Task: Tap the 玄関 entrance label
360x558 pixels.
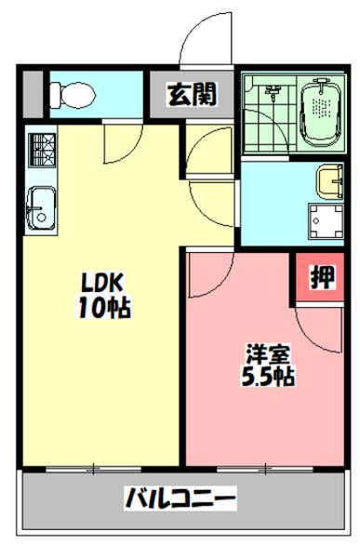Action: click(192, 93)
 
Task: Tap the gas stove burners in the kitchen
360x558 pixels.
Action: click(41, 149)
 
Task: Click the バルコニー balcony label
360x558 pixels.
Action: click(180, 498)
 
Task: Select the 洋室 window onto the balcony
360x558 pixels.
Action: click(266, 467)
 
